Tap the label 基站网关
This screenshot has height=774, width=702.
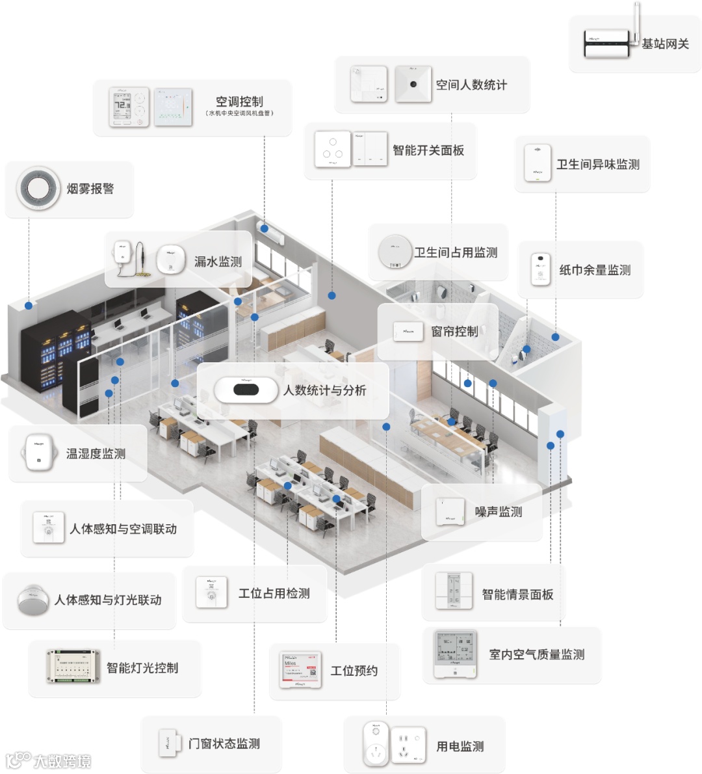pyautogui.click(x=665, y=44)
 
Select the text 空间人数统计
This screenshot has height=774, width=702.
pyautogui.click(x=471, y=85)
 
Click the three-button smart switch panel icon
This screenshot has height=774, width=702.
pyautogui.click(x=332, y=150)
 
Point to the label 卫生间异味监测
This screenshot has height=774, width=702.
pyautogui.click(x=598, y=165)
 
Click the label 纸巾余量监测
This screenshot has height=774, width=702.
pyautogui.click(x=595, y=270)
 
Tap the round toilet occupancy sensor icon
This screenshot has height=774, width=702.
pyautogui.click(x=395, y=252)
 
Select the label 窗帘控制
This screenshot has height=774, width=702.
pyautogui.click(x=454, y=332)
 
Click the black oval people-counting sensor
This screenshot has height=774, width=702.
pyautogui.click(x=246, y=390)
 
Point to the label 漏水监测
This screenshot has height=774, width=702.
pyautogui.click(x=218, y=262)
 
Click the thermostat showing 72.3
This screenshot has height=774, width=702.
pyautogui.click(x=129, y=107)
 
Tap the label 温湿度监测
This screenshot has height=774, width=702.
pyautogui.click(x=96, y=454)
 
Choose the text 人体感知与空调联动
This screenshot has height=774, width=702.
pyautogui.click(x=123, y=529)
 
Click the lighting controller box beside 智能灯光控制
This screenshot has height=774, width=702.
pyautogui.click(x=73, y=667)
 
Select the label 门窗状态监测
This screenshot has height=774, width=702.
pyautogui.click(x=224, y=743)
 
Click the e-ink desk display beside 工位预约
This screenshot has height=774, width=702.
pyautogui.click(x=301, y=670)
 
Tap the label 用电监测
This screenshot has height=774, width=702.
pyautogui.click(x=460, y=747)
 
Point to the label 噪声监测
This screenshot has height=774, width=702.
pyautogui.click(x=499, y=513)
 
